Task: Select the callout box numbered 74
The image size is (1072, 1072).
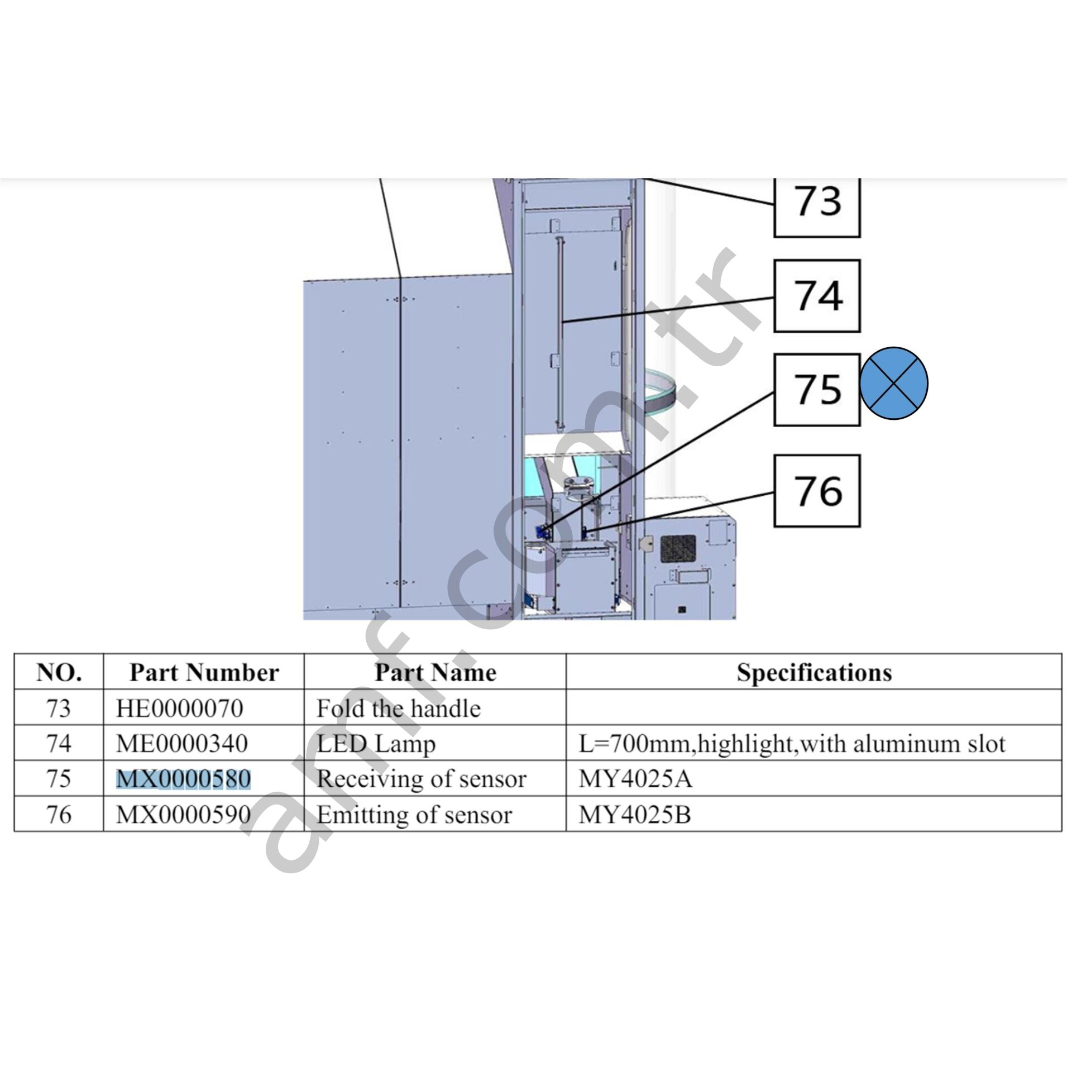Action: point(816,295)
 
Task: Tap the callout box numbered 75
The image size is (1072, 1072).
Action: point(816,389)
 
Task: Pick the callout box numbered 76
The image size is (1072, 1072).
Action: point(816,491)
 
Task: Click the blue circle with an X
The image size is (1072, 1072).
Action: point(893,384)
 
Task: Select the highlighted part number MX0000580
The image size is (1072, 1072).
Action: point(183,779)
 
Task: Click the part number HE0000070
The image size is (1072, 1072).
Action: point(179,709)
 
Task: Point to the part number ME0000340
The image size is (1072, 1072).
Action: point(181,744)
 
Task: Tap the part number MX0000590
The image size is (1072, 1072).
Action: point(183,815)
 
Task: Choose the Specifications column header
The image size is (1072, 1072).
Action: point(813,672)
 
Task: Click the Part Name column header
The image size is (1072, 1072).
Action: point(435,672)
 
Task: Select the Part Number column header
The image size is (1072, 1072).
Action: point(204,672)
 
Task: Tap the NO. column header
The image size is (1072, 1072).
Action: point(59,672)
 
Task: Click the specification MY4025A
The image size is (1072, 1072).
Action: point(635,779)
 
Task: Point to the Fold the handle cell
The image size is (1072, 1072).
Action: point(398,709)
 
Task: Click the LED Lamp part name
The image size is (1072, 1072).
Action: point(376,744)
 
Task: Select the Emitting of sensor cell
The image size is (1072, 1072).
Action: point(414,815)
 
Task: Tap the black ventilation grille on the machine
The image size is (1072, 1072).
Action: point(678,548)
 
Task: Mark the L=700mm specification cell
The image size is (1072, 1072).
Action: point(791,744)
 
